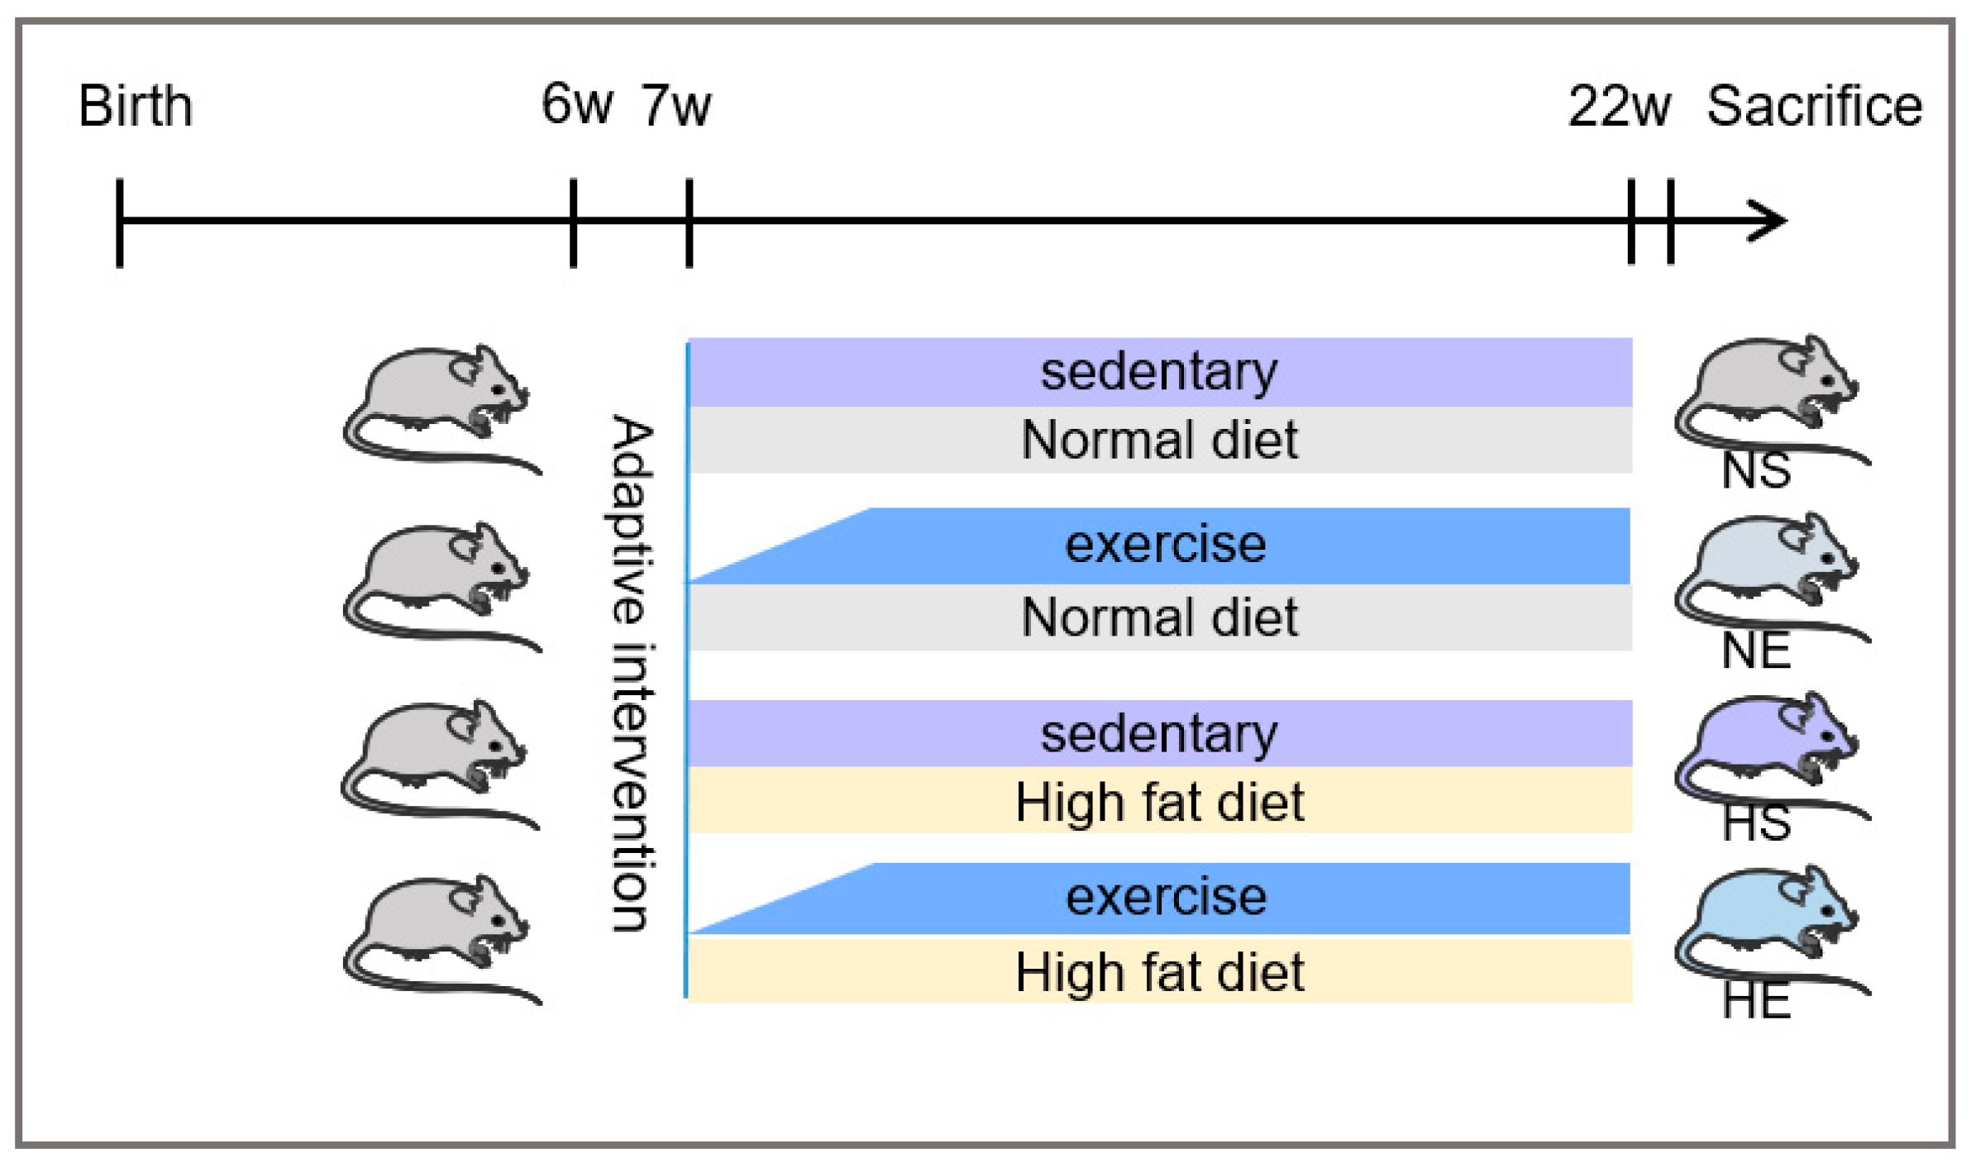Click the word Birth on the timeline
click(x=135, y=107)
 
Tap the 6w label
click(x=576, y=105)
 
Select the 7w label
click(x=675, y=107)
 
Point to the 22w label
click(x=1619, y=107)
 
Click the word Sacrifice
click(x=1814, y=107)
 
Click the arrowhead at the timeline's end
click(x=1770, y=221)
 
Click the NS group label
click(x=1755, y=471)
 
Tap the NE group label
click(x=1755, y=651)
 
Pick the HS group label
click(x=1755, y=823)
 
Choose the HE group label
click(x=1755, y=1001)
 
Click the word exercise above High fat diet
click(x=1166, y=897)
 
